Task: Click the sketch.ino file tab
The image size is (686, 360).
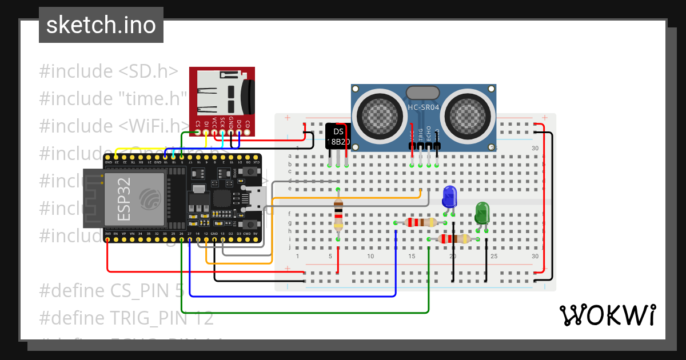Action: pos(101,25)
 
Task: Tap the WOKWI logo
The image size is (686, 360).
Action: pos(607,315)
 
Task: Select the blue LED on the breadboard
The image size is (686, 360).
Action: pos(449,196)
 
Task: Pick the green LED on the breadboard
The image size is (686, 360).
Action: pos(482,213)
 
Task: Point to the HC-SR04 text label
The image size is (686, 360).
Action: pos(423,107)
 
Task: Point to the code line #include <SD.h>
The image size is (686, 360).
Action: pos(109,71)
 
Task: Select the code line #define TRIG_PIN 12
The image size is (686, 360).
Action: pos(126,318)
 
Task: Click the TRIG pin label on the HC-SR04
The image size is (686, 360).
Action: pos(421,134)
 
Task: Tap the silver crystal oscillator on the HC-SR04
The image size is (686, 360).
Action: pos(422,93)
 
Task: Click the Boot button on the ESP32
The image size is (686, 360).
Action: pos(250,171)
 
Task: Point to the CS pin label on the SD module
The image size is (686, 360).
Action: pos(198,123)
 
